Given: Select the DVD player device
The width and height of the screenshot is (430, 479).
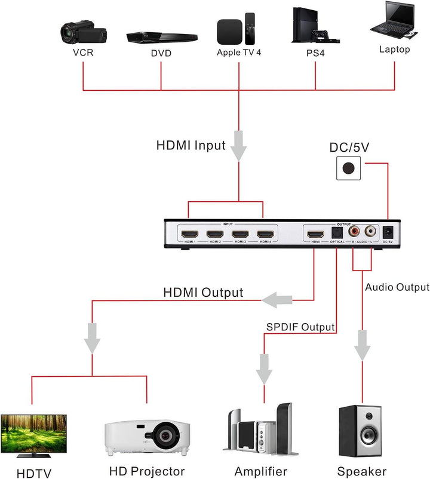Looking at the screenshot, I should (161, 37).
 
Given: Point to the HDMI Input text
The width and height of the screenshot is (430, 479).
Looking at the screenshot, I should (191, 145).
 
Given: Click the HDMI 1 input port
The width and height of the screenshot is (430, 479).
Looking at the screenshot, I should (190, 234).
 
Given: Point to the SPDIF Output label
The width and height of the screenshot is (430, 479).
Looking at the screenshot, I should (300, 327).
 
